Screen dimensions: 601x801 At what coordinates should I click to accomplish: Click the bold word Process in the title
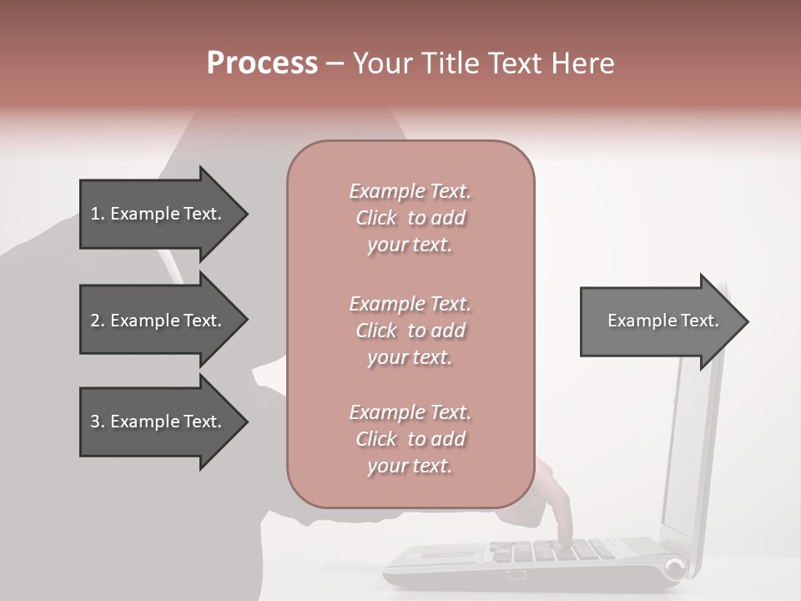[262, 63]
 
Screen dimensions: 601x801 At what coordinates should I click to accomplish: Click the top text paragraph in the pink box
[410, 218]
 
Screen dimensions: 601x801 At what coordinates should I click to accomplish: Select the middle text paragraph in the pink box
[410, 331]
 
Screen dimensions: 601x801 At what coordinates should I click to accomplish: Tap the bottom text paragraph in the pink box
[410, 439]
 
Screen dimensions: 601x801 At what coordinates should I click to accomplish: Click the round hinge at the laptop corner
[674, 569]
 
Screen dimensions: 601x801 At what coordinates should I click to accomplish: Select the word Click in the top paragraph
[376, 218]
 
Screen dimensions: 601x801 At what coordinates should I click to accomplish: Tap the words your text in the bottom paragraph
[410, 466]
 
